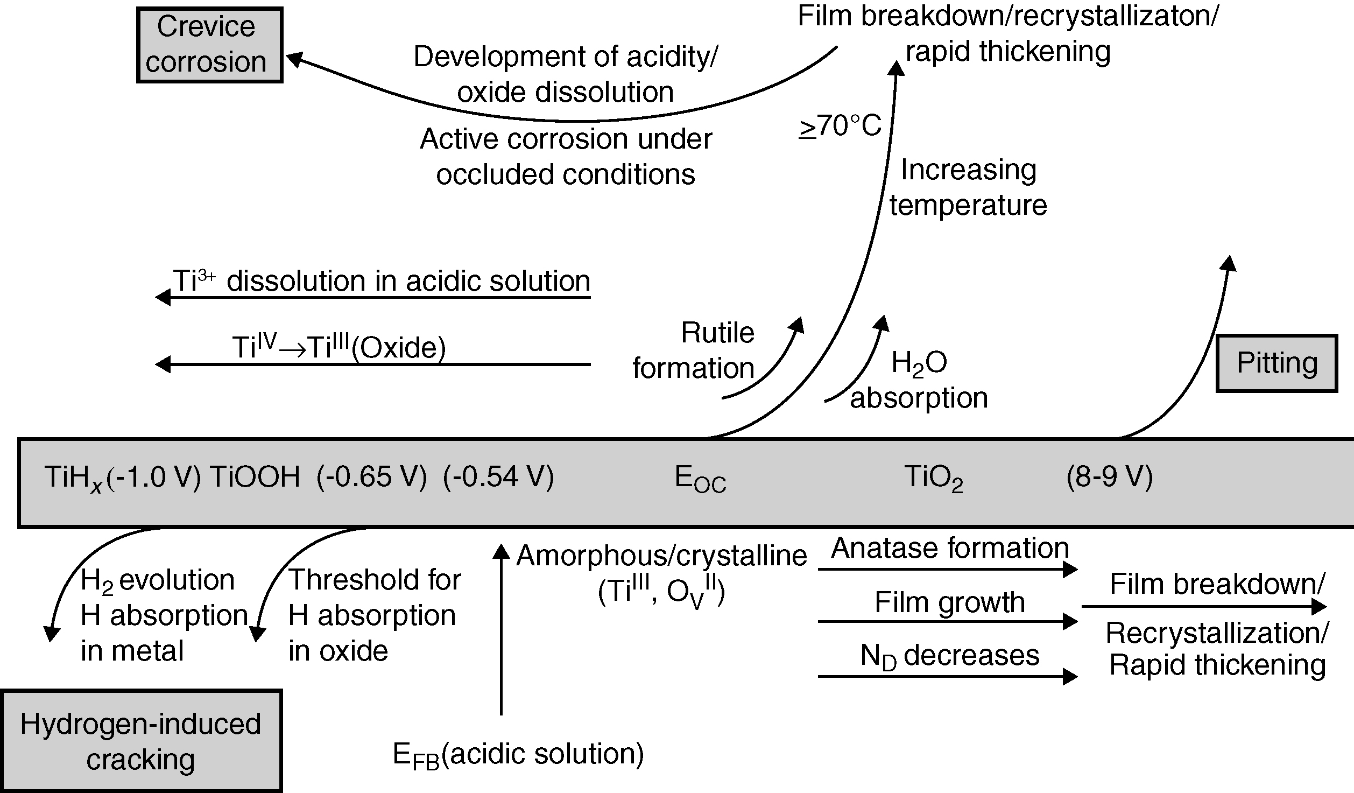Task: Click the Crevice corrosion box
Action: pyautogui.click(x=209, y=45)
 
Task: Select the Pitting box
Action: pyautogui.click(x=1277, y=363)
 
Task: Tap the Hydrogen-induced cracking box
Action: pyautogui.click(x=141, y=741)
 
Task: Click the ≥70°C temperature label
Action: pyautogui.click(x=840, y=127)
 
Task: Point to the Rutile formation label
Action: pyautogui.click(x=694, y=350)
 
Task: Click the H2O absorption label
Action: pyautogui.click(x=919, y=380)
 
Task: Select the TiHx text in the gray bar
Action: pyautogui.click(x=73, y=478)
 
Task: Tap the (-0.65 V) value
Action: pyautogui.click(x=371, y=477)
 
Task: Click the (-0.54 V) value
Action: pyautogui.click(x=498, y=477)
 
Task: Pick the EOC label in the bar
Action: pyautogui.click(x=700, y=479)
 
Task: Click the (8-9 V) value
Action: pyautogui.click(x=1109, y=477)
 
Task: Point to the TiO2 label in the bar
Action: pyautogui.click(x=933, y=478)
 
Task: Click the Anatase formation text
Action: pyautogui.click(x=950, y=549)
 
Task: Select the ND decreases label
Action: pyautogui.click(x=950, y=656)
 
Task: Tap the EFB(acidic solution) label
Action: pyautogui.click(x=518, y=754)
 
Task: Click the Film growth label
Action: pyautogui.click(x=950, y=602)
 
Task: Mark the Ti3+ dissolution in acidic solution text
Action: pyautogui.click(x=381, y=281)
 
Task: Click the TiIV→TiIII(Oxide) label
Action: pyautogui.click(x=339, y=348)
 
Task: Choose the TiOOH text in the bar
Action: pyautogui.click(x=255, y=477)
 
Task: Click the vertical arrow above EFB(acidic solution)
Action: pyautogui.click(x=501, y=630)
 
